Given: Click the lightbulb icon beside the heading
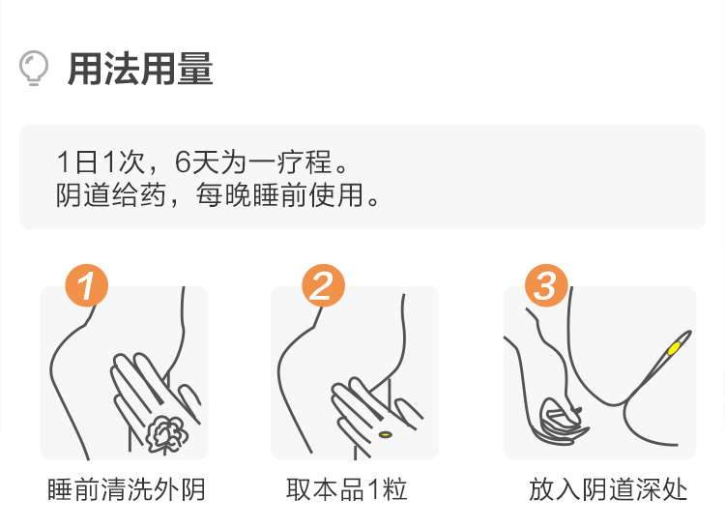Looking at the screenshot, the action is click(x=33, y=68).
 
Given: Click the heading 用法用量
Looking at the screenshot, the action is click(x=140, y=69).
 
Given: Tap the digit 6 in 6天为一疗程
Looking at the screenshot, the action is click(x=183, y=162).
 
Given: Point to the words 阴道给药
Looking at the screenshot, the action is click(x=111, y=194).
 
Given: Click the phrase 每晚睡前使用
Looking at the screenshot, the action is click(x=279, y=194).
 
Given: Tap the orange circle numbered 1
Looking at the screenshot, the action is click(x=86, y=285).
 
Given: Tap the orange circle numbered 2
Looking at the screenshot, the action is click(x=323, y=285).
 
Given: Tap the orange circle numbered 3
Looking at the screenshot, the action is click(x=546, y=285).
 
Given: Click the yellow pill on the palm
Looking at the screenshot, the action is click(x=385, y=434).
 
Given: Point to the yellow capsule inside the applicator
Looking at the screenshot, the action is click(x=674, y=348).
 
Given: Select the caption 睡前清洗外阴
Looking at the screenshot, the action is click(x=127, y=489).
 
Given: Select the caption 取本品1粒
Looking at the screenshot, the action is click(x=346, y=489).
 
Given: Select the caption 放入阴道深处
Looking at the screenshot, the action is click(x=608, y=489).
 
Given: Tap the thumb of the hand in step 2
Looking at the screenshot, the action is click(x=408, y=414).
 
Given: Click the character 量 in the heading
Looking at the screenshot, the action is click(x=195, y=69).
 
